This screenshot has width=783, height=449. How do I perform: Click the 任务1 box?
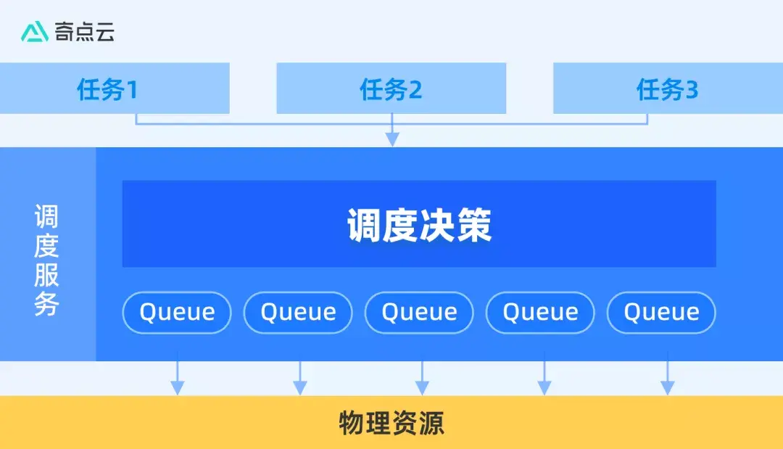coord(115,88)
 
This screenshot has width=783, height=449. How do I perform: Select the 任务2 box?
coord(391,88)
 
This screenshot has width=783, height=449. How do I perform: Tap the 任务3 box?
coord(668,88)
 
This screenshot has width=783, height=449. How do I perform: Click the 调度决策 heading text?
coord(419,226)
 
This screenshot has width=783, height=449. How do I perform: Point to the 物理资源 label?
coord(391,423)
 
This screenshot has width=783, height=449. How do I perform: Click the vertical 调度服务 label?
coord(47,260)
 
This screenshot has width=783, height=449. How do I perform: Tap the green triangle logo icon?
coord(34,32)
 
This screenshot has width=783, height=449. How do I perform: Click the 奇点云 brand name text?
coord(85,32)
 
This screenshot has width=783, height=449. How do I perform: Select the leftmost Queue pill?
coord(177,313)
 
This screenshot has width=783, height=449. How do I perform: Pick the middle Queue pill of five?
coord(419,313)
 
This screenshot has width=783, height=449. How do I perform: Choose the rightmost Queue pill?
coord(661,313)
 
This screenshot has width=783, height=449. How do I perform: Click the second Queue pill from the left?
coord(298,313)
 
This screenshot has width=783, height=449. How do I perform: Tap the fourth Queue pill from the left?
coord(540,313)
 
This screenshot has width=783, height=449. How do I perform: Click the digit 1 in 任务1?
coord(131,90)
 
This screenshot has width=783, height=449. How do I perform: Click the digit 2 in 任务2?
coord(415,90)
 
